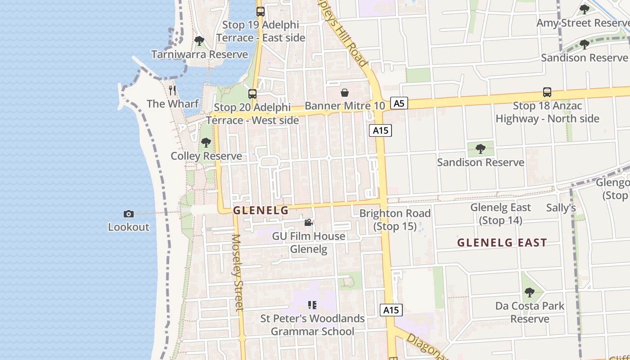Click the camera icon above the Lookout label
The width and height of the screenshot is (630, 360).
tap(128, 214)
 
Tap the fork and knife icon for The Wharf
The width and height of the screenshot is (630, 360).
tap(172, 90)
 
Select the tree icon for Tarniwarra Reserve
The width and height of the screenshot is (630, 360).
tap(199, 41)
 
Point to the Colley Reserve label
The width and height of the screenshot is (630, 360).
tap(206, 156)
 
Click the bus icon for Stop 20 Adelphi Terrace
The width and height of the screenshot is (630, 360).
tap(252, 94)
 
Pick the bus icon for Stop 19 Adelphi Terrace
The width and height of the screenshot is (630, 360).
tap(260, 11)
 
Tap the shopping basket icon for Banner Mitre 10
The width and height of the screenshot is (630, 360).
tap(345, 93)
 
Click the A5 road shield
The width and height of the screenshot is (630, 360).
tap(399, 103)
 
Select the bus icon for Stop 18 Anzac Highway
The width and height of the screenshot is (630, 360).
tap(547, 92)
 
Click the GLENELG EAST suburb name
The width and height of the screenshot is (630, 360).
tap(502, 243)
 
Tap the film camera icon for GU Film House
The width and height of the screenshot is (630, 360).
tap(308, 222)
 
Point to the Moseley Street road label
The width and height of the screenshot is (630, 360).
tap(238, 272)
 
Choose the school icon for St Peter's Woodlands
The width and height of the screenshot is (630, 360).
tap(312, 305)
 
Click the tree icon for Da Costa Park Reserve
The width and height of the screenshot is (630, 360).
tap(530, 292)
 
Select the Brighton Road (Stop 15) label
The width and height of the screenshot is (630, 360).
tap(395, 220)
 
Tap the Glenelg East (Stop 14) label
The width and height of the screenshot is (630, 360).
tap(500, 214)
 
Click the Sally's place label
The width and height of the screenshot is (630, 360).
tap(561, 207)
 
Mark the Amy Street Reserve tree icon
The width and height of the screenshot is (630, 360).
tap(585, 9)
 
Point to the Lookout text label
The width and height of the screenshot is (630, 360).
tap(128, 227)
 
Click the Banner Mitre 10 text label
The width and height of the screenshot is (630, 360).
tap(345, 106)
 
